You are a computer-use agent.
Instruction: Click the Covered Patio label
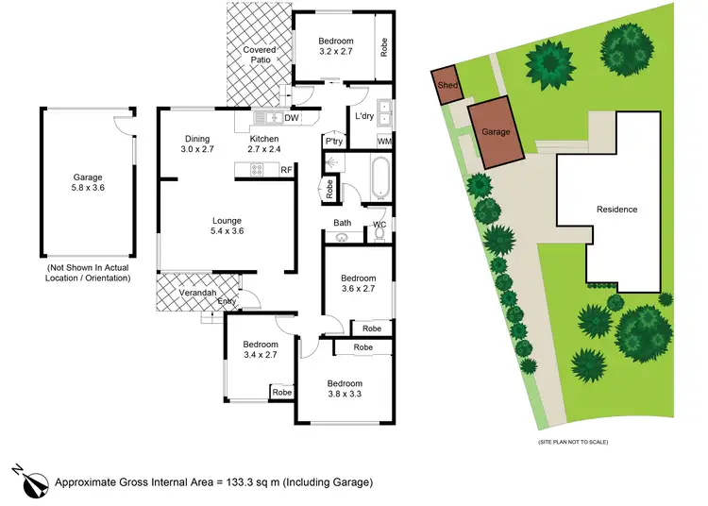point(260,55)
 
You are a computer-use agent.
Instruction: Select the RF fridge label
point(286,169)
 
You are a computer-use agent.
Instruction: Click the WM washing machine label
point(384,142)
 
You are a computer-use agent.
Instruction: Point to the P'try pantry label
point(333,142)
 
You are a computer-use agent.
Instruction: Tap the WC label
point(379,224)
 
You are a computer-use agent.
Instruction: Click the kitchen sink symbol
point(271,119)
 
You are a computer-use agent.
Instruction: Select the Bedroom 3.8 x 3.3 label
point(345,389)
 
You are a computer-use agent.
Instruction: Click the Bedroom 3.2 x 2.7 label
point(335,47)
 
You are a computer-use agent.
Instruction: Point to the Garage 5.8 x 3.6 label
point(88,183)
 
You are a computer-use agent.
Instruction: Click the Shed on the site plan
point(447,86)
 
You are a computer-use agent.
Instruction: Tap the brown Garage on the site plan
point(496,133)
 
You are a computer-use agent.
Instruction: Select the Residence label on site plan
point(616,210)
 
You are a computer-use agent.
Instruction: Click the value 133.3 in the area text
point(239,482)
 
